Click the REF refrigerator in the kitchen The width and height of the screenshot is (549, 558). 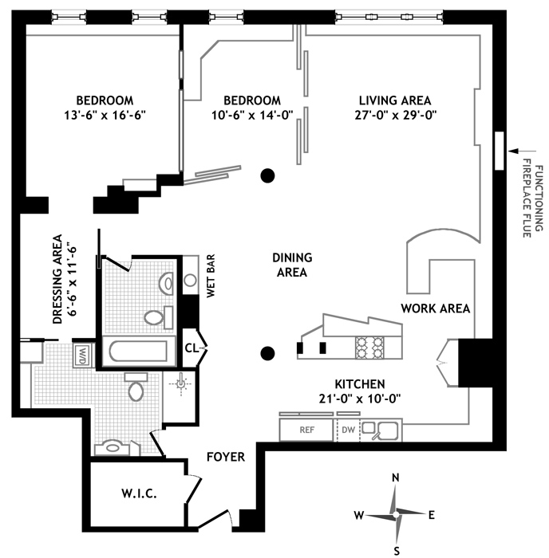click(306, 429)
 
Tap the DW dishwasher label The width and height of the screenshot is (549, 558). click(348, 429)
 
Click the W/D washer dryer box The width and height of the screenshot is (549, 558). click(84, 352)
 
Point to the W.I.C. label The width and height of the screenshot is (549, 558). click(139, 493)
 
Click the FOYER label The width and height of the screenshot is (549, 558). click(225, 457)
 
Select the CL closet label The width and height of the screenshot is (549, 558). click(192, 348)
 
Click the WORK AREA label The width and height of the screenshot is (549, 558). click(435, 308)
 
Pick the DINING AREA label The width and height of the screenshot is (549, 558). click(292, 265)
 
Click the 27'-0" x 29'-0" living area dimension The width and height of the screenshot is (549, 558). click(394, 115)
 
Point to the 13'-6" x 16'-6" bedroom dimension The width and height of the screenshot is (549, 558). click(104, 115)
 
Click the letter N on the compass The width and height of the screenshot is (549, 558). click(396, 477)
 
